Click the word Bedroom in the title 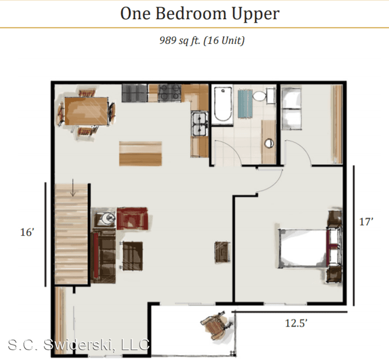click(x=191, y=14)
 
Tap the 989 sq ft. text click(x=180, y=40)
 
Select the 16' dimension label click(x=27, y=232)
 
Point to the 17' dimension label click(x=366, y=221)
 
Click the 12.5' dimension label click(x=296, y=323)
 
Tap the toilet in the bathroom click(x=264, y=96)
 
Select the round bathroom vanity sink click(x=269, y=143)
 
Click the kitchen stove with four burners click(x=170, y=93)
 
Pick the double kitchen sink click(x=199, y=123)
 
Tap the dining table click(x=86, y=111)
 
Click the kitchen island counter click(x=140, y=153)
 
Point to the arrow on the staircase click(x=73, y=187)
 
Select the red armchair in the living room click(x=132, y=218)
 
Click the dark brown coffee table click(x=133, y=256)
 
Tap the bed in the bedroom click(x=307, y=248)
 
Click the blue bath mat click(x=245, y=104)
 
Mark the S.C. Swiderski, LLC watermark click(x=79, y=345)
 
